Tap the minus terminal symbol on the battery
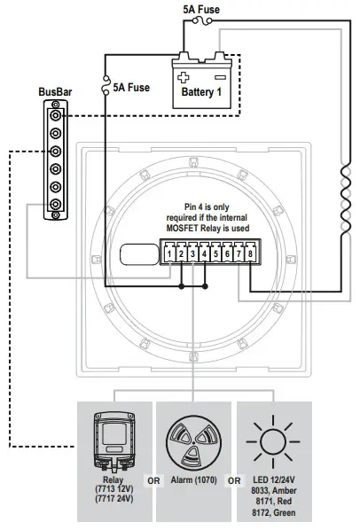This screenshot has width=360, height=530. coord(220,75)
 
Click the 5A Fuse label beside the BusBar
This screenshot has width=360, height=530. coord(130,88)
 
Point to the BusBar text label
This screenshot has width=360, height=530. coord(56,91)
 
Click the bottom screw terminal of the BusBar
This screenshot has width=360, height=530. coord(57,212)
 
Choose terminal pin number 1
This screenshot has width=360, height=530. coord(168,254)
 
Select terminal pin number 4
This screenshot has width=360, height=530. coord(204,254)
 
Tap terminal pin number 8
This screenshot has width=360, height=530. coord(251,254)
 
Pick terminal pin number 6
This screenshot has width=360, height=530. coord(228,254)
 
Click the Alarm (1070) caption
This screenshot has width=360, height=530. coord(194,480)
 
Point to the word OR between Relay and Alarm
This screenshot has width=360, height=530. coord(153,481)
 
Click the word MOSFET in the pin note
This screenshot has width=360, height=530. coord(190,229)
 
